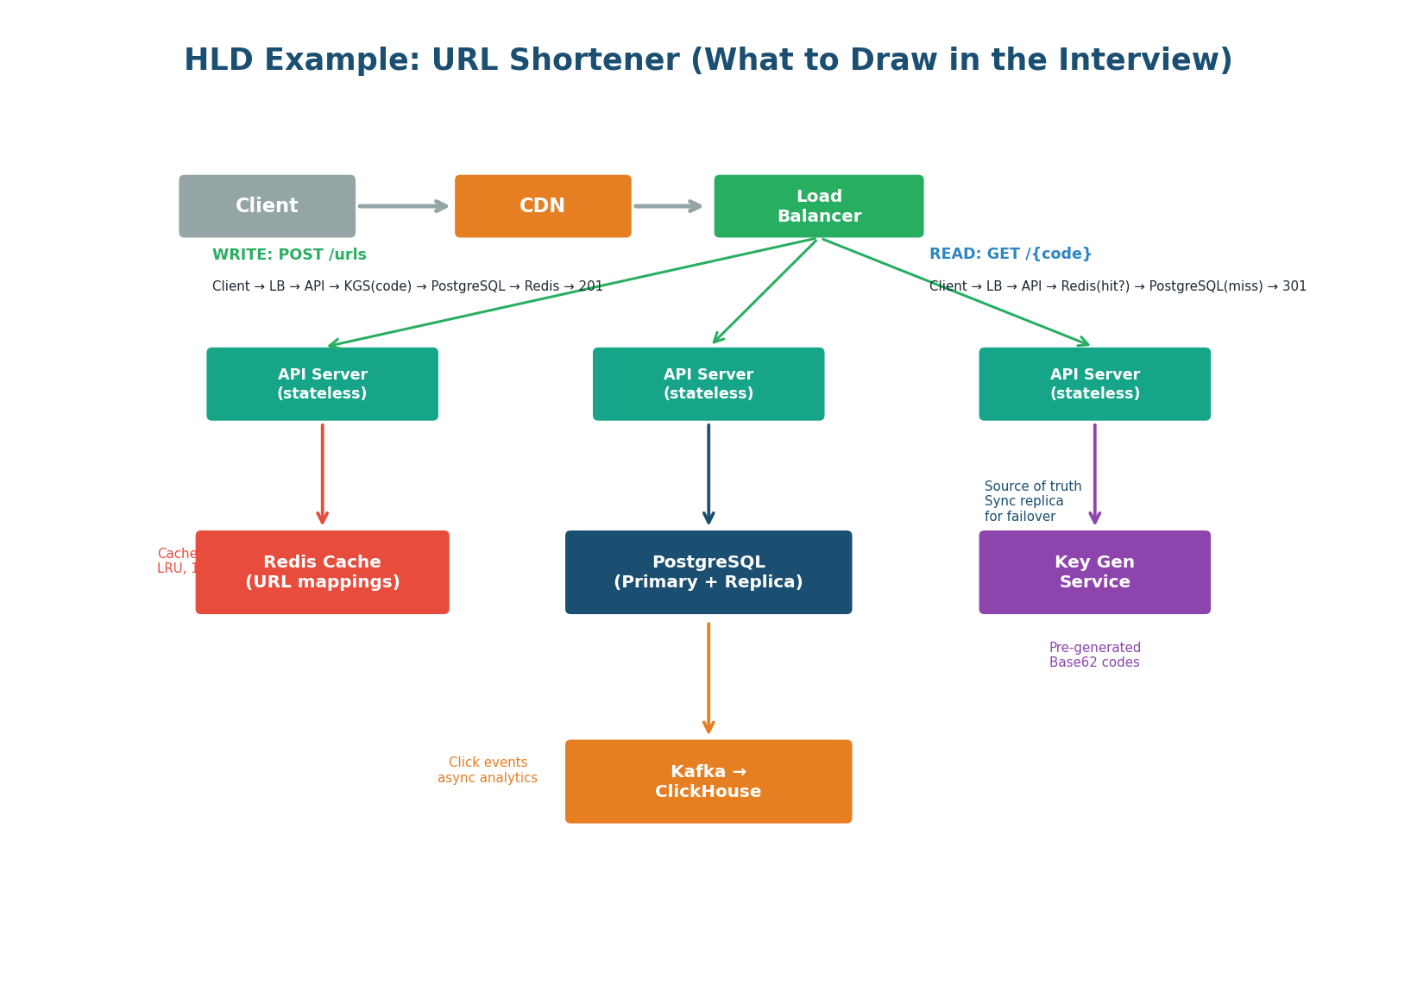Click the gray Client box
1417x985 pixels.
click(x=267, y=206)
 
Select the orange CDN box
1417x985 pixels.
click(x=543, y=206)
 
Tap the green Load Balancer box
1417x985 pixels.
click(x=818, y=206)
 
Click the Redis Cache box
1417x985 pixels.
click(x=322, y=572)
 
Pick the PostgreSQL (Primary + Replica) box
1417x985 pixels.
click(x=708, y=572)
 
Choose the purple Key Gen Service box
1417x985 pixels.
click(x=1094, y=572)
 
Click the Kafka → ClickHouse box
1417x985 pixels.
click(x=708, y=781)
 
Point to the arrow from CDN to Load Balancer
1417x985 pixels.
click(x=668, y=206)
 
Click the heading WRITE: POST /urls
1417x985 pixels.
click(x=289, y=255)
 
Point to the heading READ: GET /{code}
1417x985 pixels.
click(x=1010, y=254)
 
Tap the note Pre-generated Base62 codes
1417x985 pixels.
click(x=1094, y=656)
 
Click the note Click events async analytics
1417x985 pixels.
click(x=488, y=770)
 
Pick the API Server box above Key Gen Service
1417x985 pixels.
click(x=1094, y=384)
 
